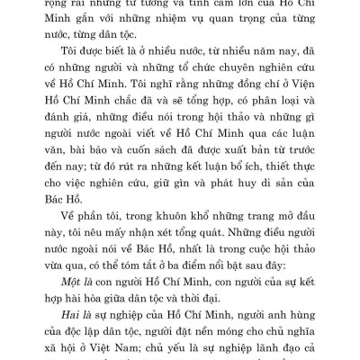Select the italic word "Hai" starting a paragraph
point(60,356)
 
